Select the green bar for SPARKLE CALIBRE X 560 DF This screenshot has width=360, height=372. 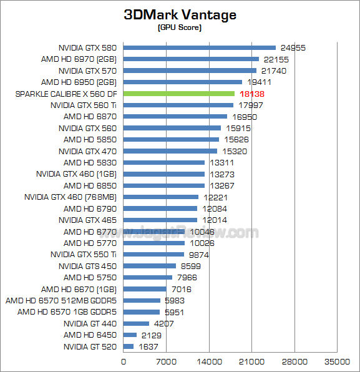click(179, 94)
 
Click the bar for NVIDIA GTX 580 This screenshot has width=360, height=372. click(200, 47)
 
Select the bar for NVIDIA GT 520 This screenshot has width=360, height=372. click(129, 346)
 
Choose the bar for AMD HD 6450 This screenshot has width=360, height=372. click(130, 335)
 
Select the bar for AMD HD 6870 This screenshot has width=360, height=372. click(175, 117)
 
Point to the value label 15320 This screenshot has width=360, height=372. click(233, 151)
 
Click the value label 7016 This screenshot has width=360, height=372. click(182, 289)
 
